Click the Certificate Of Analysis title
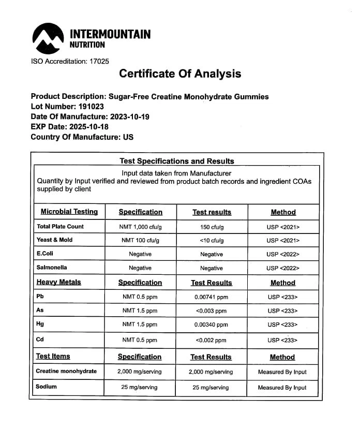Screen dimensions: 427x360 (180, 73)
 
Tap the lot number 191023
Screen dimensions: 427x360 (86, 107)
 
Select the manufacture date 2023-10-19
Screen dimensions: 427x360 (129, 117)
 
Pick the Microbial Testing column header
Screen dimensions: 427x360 (69, 212)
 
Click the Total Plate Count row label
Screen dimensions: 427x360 (60, 227)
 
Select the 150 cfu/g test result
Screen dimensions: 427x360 (212, 227)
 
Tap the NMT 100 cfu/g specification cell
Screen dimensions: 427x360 (140, 241)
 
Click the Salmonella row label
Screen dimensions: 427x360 (52, 268)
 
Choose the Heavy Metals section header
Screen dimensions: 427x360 (58, 282)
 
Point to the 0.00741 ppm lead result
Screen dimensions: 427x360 (211, 297)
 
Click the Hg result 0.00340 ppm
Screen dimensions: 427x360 (211, 325)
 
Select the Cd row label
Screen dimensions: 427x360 (40, 340)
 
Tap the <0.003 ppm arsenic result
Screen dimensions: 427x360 (211, 311)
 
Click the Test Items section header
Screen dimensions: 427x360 (53, 356)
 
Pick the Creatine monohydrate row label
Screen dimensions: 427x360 (66, 371)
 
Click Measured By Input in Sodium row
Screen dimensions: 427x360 (282, 387)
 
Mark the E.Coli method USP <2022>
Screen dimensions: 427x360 (283, 255)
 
